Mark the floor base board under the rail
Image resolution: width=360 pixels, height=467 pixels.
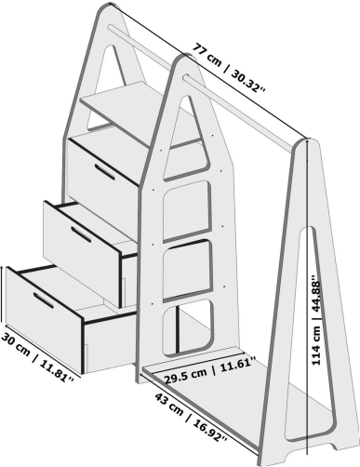tap(251, 409)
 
